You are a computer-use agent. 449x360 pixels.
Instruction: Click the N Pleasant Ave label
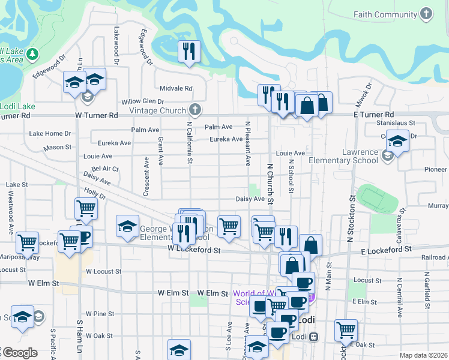click(x=247, y=143)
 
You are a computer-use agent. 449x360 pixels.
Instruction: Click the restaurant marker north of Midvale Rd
click(x=189, y=52)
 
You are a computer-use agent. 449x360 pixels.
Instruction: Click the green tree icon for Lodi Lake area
click(x=32, y=54)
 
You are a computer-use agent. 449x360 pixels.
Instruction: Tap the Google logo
click(x=19, y=353)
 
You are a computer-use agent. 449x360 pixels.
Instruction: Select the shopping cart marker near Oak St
click(x=346, y=329)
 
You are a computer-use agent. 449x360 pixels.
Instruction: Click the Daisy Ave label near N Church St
click(x=250, y=199)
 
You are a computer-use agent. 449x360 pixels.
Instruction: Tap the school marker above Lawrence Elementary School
click(x=397, y=142)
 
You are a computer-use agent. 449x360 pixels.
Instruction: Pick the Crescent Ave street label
click(x=146, y=176)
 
